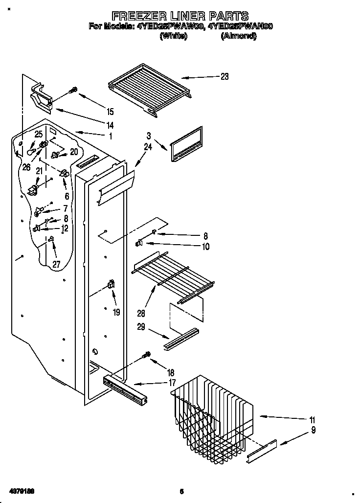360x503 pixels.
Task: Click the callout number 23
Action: pyautogui.click(x=225, y=76)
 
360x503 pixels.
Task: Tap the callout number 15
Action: pyautogui.click(x=110, y=111)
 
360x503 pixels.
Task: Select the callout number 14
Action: pyautogui.click(x=110, y=124)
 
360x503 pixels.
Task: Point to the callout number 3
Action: pyautogui.click(x=149, y=136)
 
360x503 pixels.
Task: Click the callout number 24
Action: pyautogui.click(x=149, y=145)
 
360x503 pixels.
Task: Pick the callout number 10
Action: pyautogui.click(x=205, y=247)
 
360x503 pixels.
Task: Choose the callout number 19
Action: pyautogui.click(x=116, y=312)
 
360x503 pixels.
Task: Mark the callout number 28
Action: pyautogui.click(x=141, y=314)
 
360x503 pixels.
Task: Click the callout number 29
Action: pyautogui.click(x=141, y=326)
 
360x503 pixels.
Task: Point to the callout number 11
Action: pyautogui.click(x=312, y=420)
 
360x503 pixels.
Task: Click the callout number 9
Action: pyautogui.click(x=313, y=431)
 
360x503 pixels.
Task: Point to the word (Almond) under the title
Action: pyautogui.click(x=239, y=36)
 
